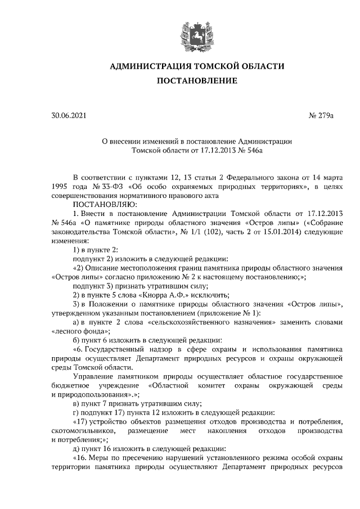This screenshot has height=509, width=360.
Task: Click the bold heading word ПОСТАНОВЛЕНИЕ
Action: pos(196,81)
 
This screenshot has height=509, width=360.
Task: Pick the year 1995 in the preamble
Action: pos(60,186)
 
